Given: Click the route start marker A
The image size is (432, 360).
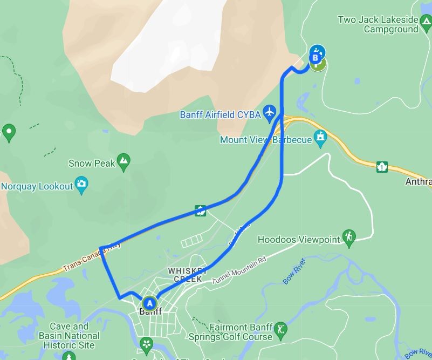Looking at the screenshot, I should coord(149,303).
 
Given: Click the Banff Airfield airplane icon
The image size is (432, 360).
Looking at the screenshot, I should coord(270,113).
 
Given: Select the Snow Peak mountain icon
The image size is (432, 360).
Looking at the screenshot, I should coord(124,161).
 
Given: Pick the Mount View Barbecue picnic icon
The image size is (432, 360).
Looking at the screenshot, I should coord(321,138).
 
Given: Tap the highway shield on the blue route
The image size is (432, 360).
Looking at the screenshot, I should coord(201,210).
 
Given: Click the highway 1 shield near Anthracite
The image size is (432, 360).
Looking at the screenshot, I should coord(382,167).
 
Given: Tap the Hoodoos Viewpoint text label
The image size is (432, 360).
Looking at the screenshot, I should coord(299,239).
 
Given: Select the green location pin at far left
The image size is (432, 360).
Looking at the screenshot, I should coord(8,131).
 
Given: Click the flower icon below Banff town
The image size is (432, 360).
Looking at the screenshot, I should coord(146,344).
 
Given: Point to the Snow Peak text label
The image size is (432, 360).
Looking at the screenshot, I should coord(92,163).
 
